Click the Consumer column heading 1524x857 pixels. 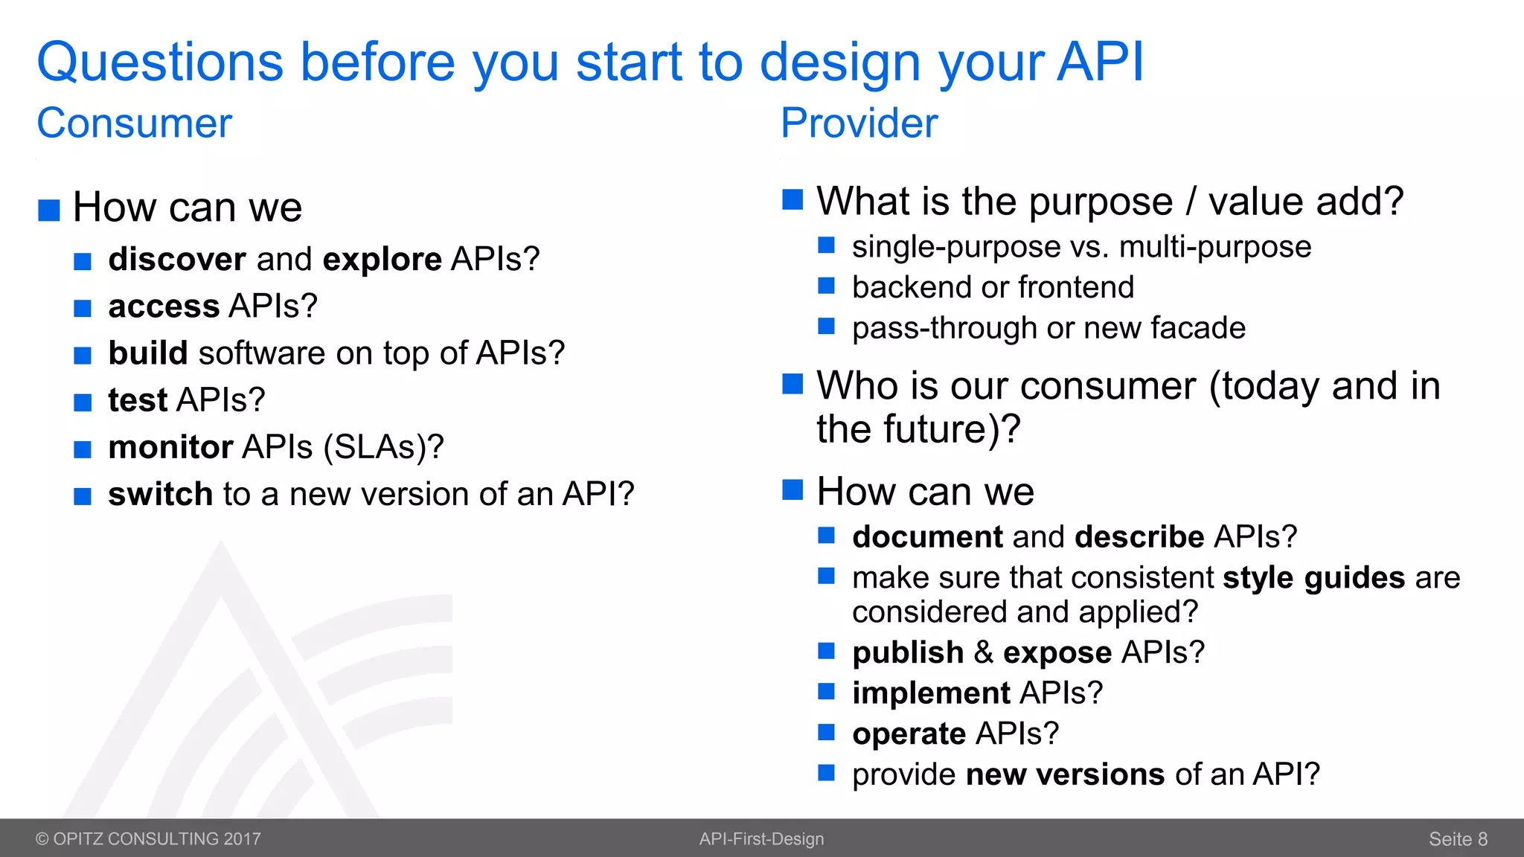point(135,123)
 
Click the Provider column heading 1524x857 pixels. point(859,123)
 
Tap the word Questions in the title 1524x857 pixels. point(160,62)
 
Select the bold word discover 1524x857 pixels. point(177,260)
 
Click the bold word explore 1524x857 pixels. point(382,260)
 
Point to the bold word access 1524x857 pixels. point(164,306)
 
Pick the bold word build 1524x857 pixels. point(148,353)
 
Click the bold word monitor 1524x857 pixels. point(171,447)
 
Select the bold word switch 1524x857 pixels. point(161,494)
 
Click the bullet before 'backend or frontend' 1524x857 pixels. point(826,286)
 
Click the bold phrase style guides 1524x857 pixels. point(1313,578)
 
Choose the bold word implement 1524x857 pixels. point(931,693)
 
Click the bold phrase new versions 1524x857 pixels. point(1065,775)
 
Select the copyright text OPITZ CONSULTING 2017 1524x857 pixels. point(148,839)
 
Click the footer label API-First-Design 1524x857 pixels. point(761,839)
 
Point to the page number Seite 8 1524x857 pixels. point(1458,839)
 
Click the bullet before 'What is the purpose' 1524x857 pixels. point(793,199)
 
